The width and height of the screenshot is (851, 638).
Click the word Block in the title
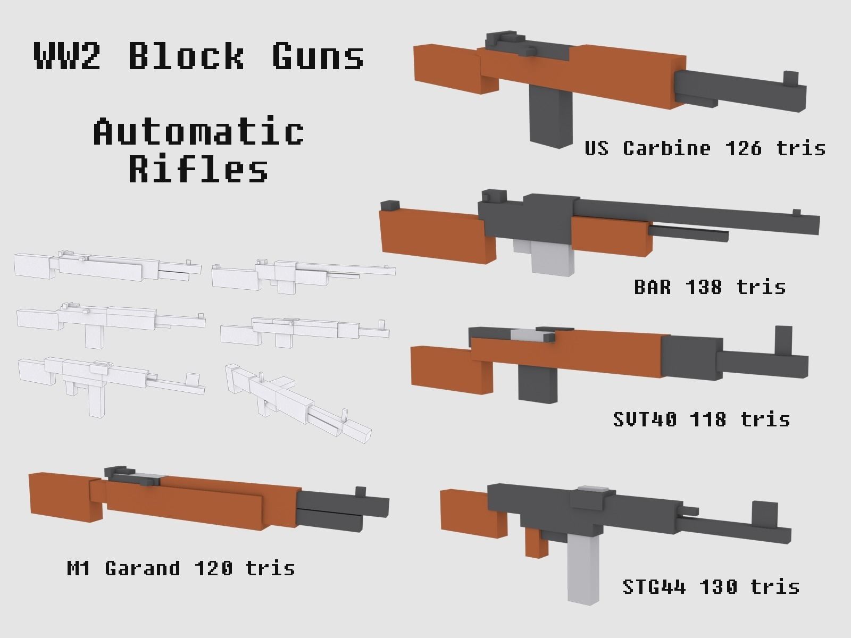186,55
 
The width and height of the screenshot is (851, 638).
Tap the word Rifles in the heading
198,169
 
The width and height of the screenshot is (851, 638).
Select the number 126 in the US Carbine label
743,148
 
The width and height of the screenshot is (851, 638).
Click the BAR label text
652,287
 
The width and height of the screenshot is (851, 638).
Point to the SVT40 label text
645,419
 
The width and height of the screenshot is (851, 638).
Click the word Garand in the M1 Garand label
143,568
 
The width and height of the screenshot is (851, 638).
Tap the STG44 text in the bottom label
654,587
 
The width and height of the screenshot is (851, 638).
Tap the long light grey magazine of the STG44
584,569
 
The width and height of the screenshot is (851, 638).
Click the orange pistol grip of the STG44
536,542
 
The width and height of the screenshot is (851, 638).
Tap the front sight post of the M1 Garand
361,492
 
